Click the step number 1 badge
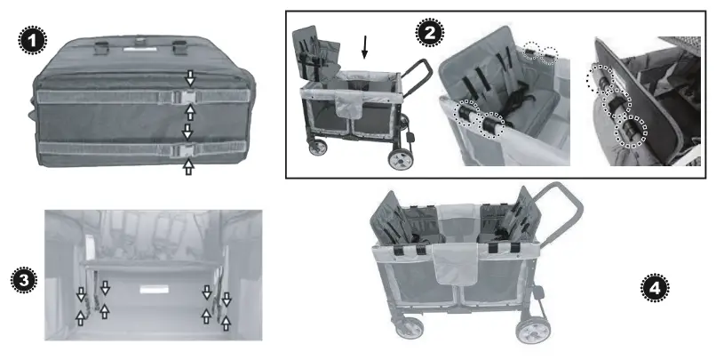31,41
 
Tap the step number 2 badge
430,33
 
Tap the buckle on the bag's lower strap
187,148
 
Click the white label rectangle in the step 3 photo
153,290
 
